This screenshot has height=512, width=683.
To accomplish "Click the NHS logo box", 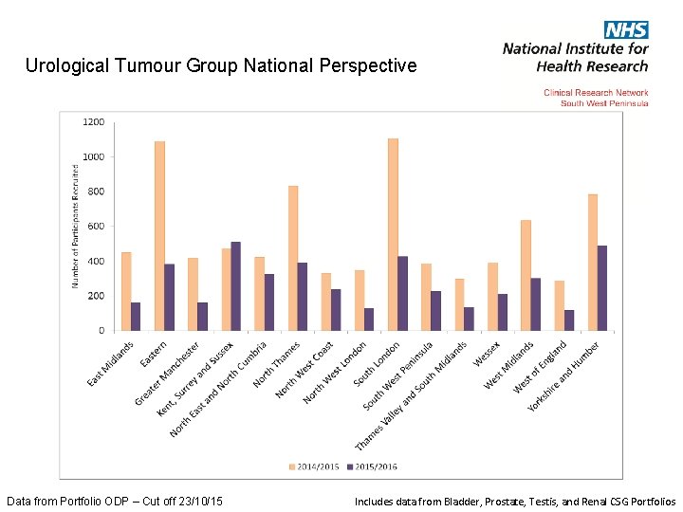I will pyautogui.click(x=626, y=29).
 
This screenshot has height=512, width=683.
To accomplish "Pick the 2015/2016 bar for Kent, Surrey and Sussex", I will pyautogui.click(x=236, y=285).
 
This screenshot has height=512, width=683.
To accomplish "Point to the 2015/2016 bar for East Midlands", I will pyautogui.click(x=136, y=316).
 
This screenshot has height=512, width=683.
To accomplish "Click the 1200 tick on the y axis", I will pyautogui.click(x=94, y=122).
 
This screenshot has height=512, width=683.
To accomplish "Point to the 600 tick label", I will pyautogui.click(x=96, y=227).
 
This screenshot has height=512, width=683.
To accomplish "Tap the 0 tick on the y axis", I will pyautogui.click(x=102, y=331).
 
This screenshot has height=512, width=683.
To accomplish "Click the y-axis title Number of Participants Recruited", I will pyautogui.click(x=76, y=227).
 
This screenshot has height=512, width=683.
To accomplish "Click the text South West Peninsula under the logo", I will pyautogui.click(x=604, y=102).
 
